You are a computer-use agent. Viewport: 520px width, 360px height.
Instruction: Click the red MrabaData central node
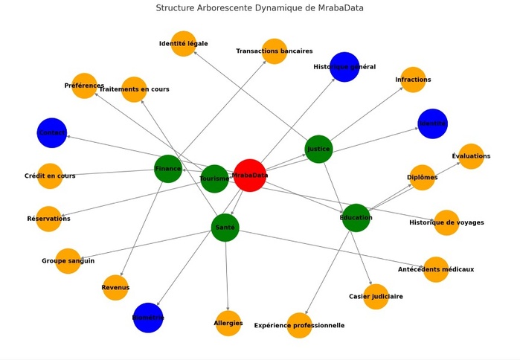coord(249,176)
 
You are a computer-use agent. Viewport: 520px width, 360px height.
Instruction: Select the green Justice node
coord(318,149)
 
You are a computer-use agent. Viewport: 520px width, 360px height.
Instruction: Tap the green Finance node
coord(167,169)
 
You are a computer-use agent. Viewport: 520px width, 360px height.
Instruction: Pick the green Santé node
coord(225,227)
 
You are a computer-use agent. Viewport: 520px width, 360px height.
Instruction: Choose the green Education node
coord(356,217)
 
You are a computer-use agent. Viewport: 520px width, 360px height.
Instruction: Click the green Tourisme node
coord(214,179)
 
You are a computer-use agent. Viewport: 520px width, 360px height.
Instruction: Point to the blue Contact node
coord(52,132)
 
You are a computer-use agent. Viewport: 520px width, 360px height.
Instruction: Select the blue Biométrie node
coord(148,318)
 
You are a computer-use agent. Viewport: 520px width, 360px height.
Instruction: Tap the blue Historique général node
coord(344,67)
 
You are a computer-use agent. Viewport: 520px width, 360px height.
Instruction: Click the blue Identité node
coord(432,123)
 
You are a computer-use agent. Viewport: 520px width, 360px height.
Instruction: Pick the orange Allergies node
coord(228,324)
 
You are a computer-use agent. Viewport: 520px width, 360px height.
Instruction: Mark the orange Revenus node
coord(115,287)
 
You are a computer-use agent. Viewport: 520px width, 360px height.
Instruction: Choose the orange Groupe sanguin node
coord(68,261)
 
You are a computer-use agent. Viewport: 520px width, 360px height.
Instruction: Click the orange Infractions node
coord(413,80)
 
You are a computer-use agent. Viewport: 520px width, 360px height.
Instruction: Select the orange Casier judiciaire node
coord(376,296)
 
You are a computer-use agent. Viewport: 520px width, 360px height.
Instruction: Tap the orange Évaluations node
coord(471,156)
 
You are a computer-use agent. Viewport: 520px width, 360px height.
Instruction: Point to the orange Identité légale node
coord(183,44)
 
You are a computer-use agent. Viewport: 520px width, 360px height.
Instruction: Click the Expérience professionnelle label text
coord(299,326)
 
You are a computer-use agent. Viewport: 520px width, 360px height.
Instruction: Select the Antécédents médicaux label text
coord(436,269)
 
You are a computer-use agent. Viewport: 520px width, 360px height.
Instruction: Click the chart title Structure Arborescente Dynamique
coord(260,7)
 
